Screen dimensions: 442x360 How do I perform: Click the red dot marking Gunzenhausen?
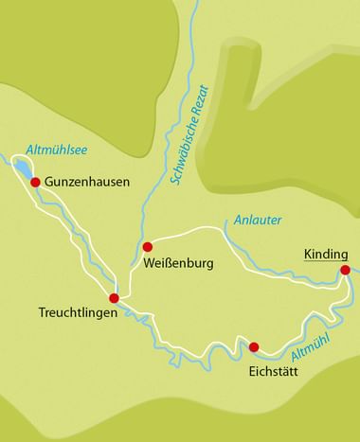[35, 182]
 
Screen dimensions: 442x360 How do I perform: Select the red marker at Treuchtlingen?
[114, 297]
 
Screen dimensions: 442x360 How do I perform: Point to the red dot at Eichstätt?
[253, 346]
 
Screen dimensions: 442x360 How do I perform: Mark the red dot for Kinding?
[345, 271]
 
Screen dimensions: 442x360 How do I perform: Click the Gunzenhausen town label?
[86, 182]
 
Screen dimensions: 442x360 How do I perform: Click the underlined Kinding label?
[326, 253]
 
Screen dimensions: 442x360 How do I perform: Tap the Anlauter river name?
[257, 221]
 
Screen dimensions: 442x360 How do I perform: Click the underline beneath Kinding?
[326, 260]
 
